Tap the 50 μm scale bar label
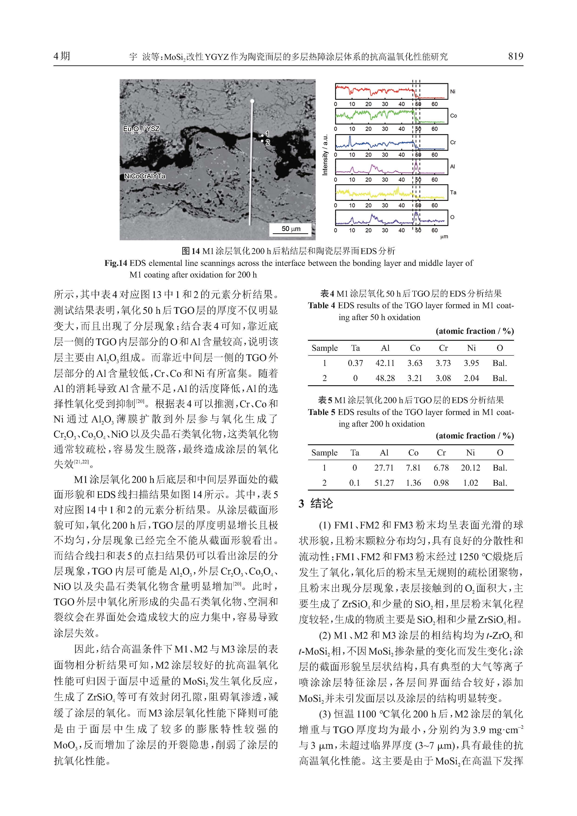point(291,229)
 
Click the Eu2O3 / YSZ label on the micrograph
point(141,129)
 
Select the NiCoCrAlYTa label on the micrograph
point(145,176)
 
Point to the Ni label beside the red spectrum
point(452,92)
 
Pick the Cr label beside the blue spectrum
point(453,143)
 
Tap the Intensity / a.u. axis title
point(325,155)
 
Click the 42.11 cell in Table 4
point(385,363)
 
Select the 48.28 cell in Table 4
point(385,378)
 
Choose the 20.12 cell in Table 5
point(470,468)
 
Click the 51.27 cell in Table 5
point(384,483)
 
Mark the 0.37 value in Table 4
point(355,363)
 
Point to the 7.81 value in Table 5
point(413,468)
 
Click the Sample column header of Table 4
point(324,348)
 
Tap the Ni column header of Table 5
point(470,452)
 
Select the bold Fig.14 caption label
point(116,263)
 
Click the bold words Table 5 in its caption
point(321,412)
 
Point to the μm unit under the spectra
point(444,237)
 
